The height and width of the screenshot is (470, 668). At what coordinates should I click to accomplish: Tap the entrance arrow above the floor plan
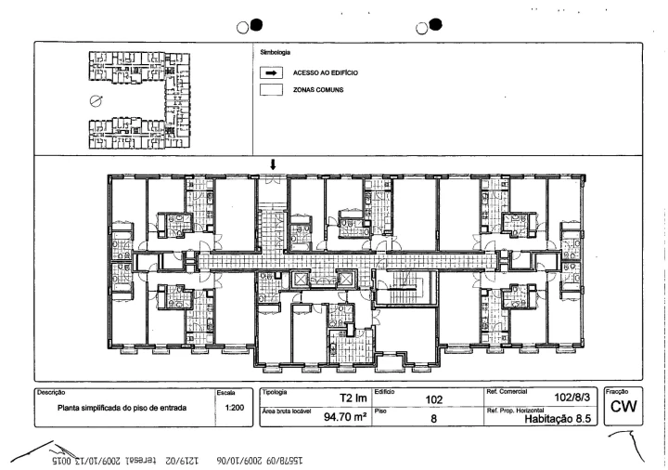click(272, 165)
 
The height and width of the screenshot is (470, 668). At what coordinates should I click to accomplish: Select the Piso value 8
click(432, 418)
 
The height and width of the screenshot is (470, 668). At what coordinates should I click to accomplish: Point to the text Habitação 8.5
click(559, 419)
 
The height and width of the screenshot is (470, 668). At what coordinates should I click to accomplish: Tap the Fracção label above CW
click(619, 391)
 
